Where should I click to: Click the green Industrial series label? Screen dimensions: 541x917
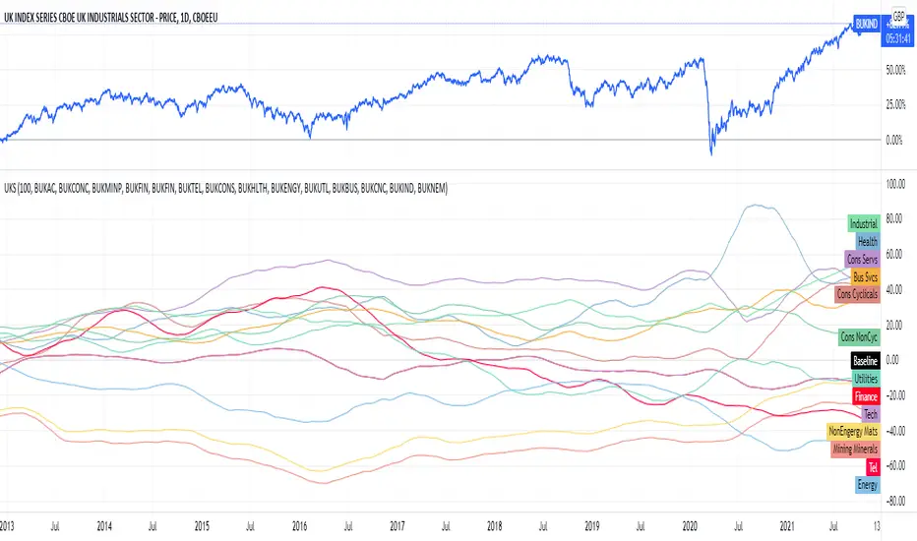tap(862, 224)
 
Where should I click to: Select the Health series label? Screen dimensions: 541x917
tap(867, 242)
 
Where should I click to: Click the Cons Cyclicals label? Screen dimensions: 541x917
tap(856, 294)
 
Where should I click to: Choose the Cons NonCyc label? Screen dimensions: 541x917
tap(858, 336)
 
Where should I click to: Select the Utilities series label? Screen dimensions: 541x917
tap(864, 378)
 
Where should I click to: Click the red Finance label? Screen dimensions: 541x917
tap(865, 395)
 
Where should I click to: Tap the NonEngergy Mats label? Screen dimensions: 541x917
tap(853, 431)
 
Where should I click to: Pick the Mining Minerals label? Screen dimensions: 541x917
tap(855, 449)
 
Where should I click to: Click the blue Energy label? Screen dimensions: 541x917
tap(867, 484)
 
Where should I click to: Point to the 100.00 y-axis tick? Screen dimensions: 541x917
tap(895, 184)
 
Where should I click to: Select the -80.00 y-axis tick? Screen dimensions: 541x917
tap(895, 501)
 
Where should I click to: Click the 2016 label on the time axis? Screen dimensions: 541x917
tap(297, 526)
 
